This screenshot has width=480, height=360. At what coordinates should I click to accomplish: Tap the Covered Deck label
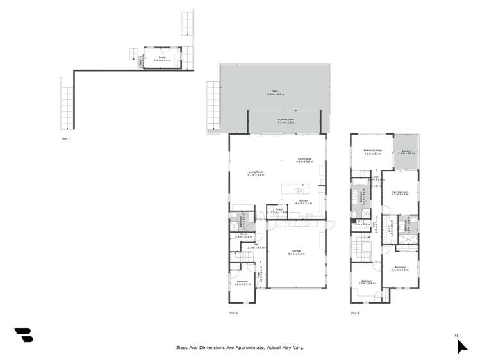(285, 120)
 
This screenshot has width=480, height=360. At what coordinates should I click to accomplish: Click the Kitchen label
(303, 202)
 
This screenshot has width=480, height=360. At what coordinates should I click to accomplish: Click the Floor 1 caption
(65, 138)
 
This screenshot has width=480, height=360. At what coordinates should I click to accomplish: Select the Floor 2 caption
(233, 312)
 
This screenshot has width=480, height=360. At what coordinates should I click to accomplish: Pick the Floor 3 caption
(354, 312)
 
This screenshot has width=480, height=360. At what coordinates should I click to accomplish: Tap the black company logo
(24, 334)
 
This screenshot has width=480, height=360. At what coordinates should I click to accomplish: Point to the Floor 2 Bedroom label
(243, 282)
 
